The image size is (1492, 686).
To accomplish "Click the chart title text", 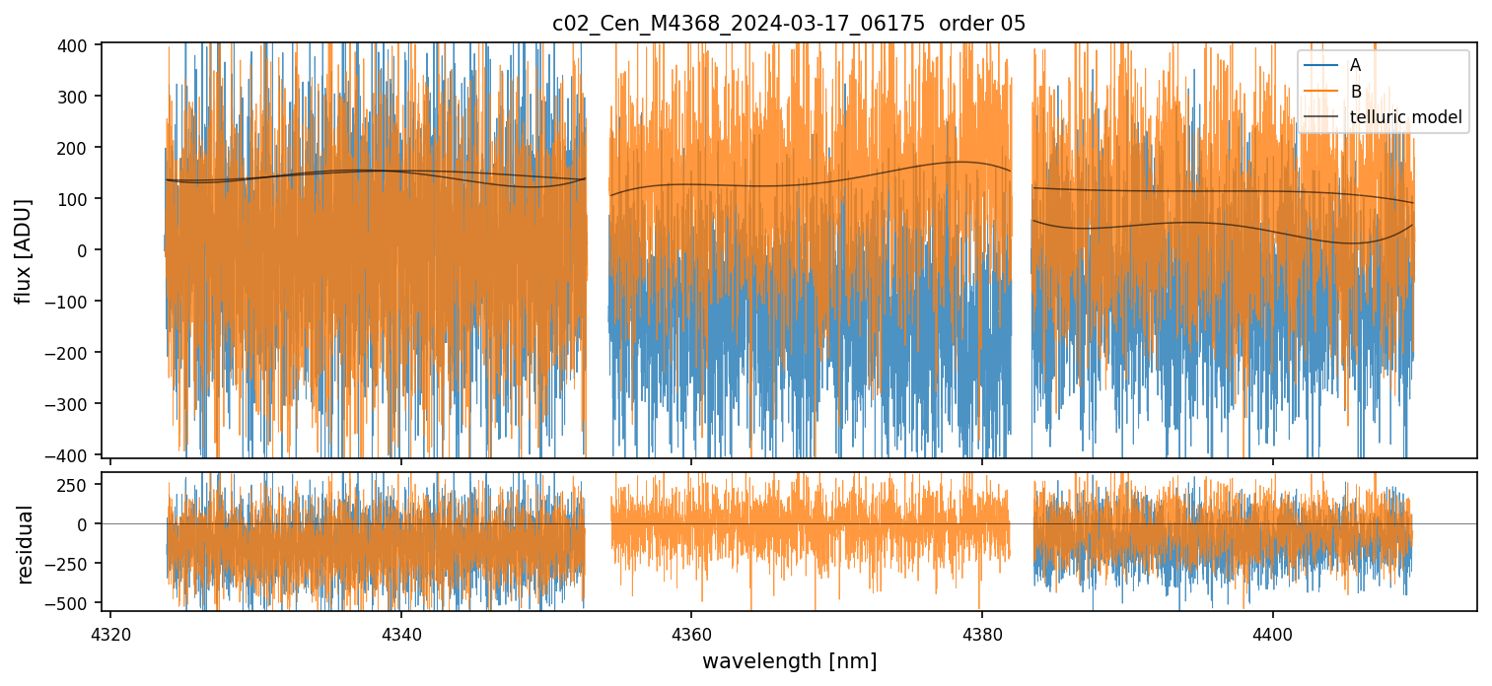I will tap(789, 24).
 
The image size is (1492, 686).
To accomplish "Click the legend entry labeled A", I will tap(1355, 65).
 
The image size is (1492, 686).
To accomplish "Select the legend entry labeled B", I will tap(1355, 92).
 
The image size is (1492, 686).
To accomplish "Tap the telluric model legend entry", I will tap(1405, 118).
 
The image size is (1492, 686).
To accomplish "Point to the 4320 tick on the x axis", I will tap(110, 631).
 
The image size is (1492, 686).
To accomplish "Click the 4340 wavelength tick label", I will tap(401, 631).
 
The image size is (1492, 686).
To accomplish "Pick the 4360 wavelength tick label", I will tap(691, 631).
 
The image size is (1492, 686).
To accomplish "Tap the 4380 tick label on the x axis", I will tap(982, 631).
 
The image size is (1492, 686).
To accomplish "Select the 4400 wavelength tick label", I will tap(1272, 631).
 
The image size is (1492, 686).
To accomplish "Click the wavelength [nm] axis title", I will tap(789, 661).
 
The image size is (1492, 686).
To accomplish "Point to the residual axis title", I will tap(26, 544).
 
